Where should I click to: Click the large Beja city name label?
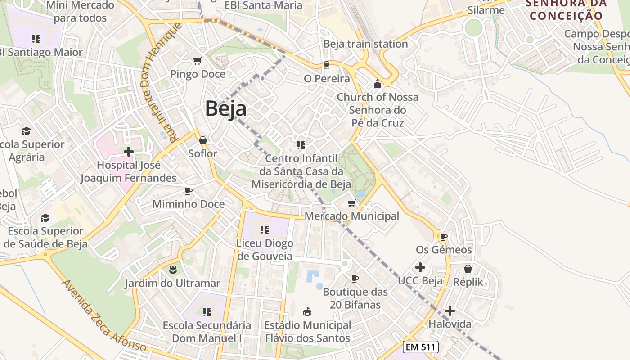(x=226, y=109)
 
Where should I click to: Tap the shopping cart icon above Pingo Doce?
(x=197, y=61)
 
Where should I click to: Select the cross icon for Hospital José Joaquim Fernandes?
(x=129, y=152)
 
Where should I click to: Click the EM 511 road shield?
(x=420, y=347)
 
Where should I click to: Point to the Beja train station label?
(x=365, y=44)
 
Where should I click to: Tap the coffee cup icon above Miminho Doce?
(x=189, y=191)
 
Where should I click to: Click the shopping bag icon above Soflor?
(x=203, y=140)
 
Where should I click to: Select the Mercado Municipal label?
(x=352, y=216)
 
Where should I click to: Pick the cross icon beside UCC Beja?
(x=420, y=267)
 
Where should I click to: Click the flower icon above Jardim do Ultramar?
(x=172, y=270)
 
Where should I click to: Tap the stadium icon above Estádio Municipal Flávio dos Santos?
(x=307, y=311)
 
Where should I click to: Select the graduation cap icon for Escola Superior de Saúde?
(x=45, y=218)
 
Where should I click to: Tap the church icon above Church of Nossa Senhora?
(x=377, y=84)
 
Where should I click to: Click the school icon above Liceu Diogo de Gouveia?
(x=264, y=230)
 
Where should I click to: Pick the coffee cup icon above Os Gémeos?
(x=444, y=236)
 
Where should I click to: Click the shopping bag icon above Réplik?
(x=468, y=269)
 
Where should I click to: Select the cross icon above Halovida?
(x=450, y=311)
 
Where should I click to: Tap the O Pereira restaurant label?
(x=327, y=79)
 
